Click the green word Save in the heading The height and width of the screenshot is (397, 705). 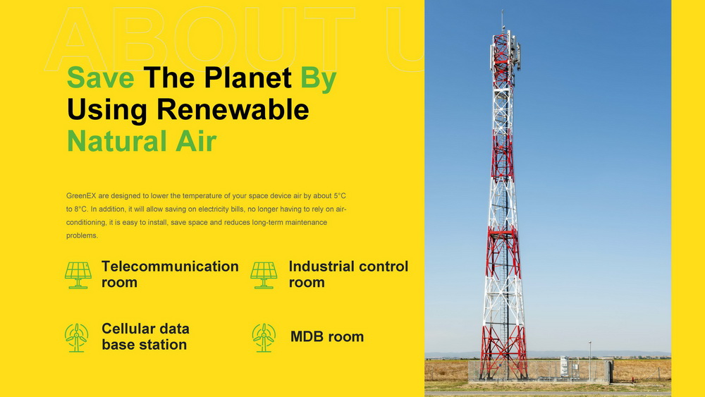click(x=100, y=78)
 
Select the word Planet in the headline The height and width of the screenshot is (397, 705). click(x=247, y=78)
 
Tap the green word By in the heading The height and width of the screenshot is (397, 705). click(x=319, y=80)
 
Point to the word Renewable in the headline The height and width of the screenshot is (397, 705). click(x=233, y=109)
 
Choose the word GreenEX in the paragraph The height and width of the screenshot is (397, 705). click(x=81, y=196)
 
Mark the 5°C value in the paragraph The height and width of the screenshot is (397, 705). click(x=340, y=196)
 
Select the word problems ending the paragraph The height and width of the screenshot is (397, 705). click(x=82, y=236)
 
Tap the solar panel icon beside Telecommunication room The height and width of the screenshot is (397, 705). click(x=78, y=275)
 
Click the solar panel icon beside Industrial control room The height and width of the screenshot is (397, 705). click(x=264, y=275)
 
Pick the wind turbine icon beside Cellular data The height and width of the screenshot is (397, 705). click(x=76, y=338)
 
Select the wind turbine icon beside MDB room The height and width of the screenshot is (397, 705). click(x=264, y=338)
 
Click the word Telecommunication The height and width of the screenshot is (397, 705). click(x=170, y=266)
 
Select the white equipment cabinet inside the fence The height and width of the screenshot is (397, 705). click(x=564, y=367)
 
